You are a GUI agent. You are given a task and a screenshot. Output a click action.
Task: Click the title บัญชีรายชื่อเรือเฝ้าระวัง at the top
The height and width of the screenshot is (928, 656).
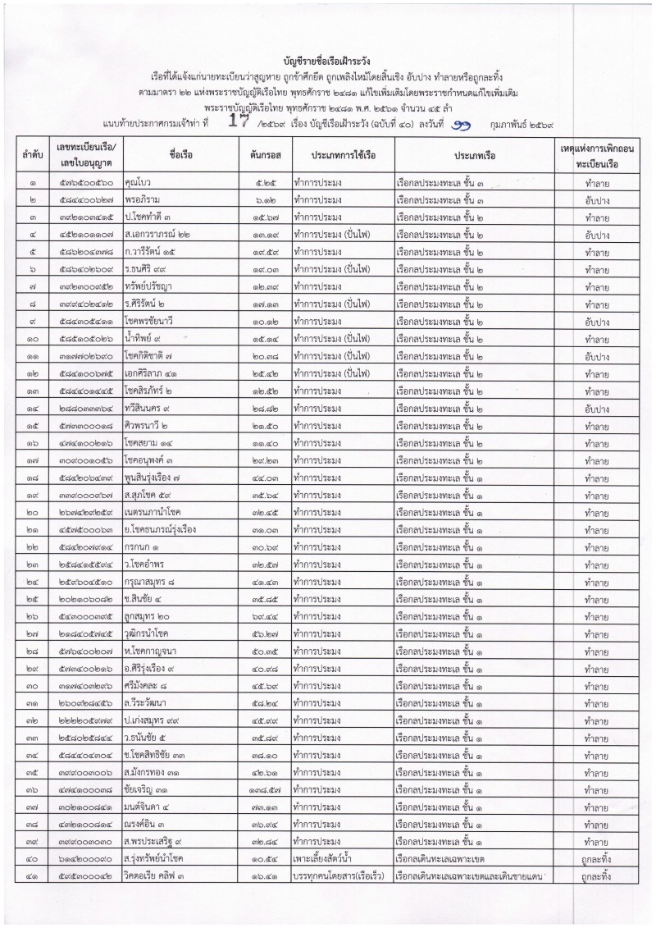tap(328, 59)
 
